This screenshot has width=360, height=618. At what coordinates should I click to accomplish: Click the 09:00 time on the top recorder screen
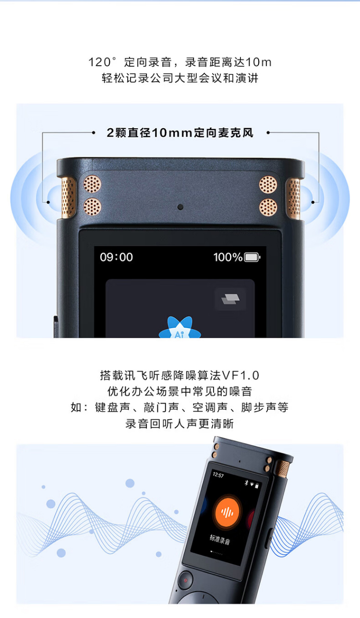(116, 257)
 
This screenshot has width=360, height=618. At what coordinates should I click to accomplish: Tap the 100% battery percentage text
(228, 257)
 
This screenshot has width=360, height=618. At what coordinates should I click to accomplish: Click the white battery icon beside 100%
(252, 257)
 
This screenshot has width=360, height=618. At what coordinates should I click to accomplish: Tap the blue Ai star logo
(180, 328)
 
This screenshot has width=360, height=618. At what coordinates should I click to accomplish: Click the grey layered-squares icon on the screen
(230, 299)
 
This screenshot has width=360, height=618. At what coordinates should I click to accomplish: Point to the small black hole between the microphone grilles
(180, 207)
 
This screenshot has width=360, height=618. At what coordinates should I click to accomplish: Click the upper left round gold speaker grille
(92, 184)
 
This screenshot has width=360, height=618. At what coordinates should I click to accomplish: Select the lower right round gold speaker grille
(268, 207)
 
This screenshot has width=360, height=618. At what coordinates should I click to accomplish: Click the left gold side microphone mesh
(69, 198)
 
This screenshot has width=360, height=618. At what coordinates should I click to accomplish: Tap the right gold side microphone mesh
(293, 199)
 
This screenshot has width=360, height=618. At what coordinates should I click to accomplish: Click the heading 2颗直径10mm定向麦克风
(180, 133)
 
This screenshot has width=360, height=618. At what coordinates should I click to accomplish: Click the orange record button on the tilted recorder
(227, 512)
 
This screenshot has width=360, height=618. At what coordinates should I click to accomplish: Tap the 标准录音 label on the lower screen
(220, 539)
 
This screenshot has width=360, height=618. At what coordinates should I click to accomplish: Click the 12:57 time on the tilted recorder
(218, 475)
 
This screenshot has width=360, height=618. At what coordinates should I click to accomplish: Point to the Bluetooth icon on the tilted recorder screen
(247, 483)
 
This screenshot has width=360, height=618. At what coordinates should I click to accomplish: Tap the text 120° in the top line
(102, 62)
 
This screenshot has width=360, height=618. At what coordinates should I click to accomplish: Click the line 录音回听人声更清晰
(180, 424)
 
